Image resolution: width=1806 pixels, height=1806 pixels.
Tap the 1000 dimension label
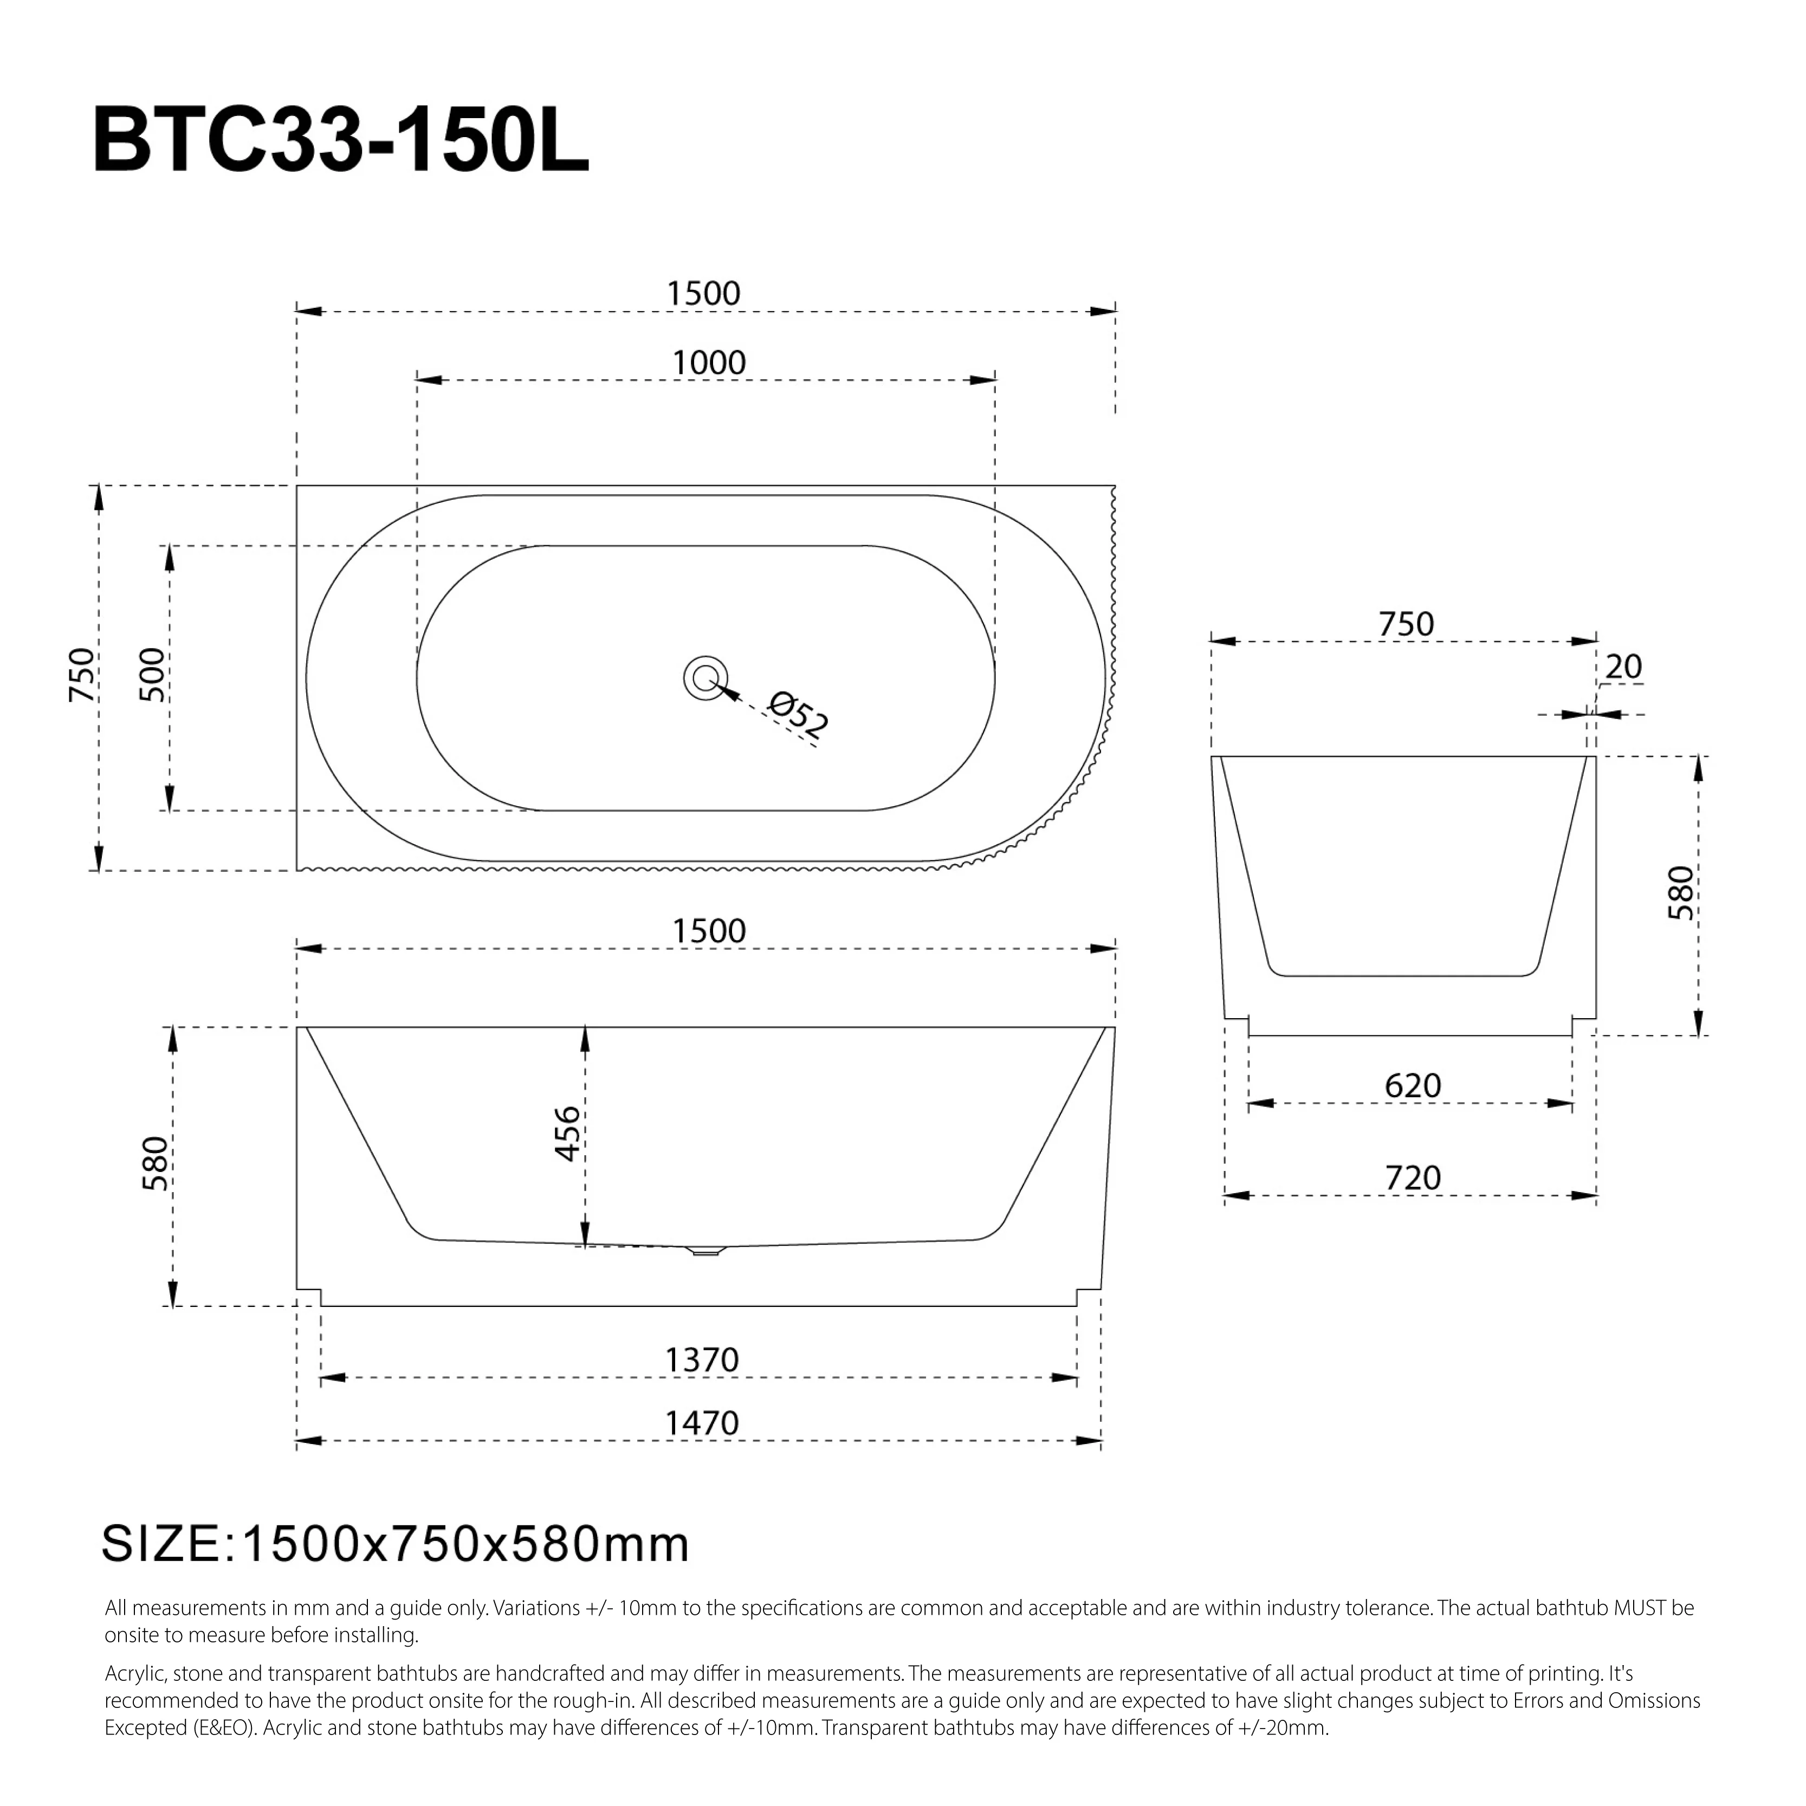pos(709,363)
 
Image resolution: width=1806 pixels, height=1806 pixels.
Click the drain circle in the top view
pos(705,678)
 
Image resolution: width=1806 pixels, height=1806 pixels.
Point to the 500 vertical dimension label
pos(151,675)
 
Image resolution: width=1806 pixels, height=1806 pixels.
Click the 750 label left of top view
pos(82,675)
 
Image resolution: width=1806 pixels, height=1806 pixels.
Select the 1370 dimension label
pos(701,1360)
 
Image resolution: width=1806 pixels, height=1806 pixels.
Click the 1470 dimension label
pos(701,1423)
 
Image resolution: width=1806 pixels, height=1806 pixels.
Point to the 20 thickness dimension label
pos(1624,668)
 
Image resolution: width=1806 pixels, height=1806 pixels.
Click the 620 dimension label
pos(1413,1086)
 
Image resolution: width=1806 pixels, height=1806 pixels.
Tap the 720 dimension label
pos(1413,1178)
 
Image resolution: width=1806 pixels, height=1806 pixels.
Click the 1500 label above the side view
pos(709,931)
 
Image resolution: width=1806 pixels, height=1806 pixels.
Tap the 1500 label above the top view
pos(703,294)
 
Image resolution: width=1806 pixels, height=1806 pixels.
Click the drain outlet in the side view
pos(705,1250)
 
